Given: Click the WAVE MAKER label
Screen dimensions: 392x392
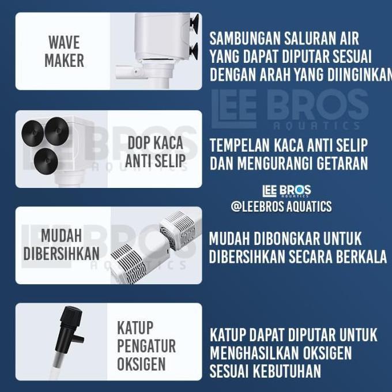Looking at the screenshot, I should (x=63, y=51).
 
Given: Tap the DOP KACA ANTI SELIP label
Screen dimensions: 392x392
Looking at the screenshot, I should (x=155, y=152).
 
